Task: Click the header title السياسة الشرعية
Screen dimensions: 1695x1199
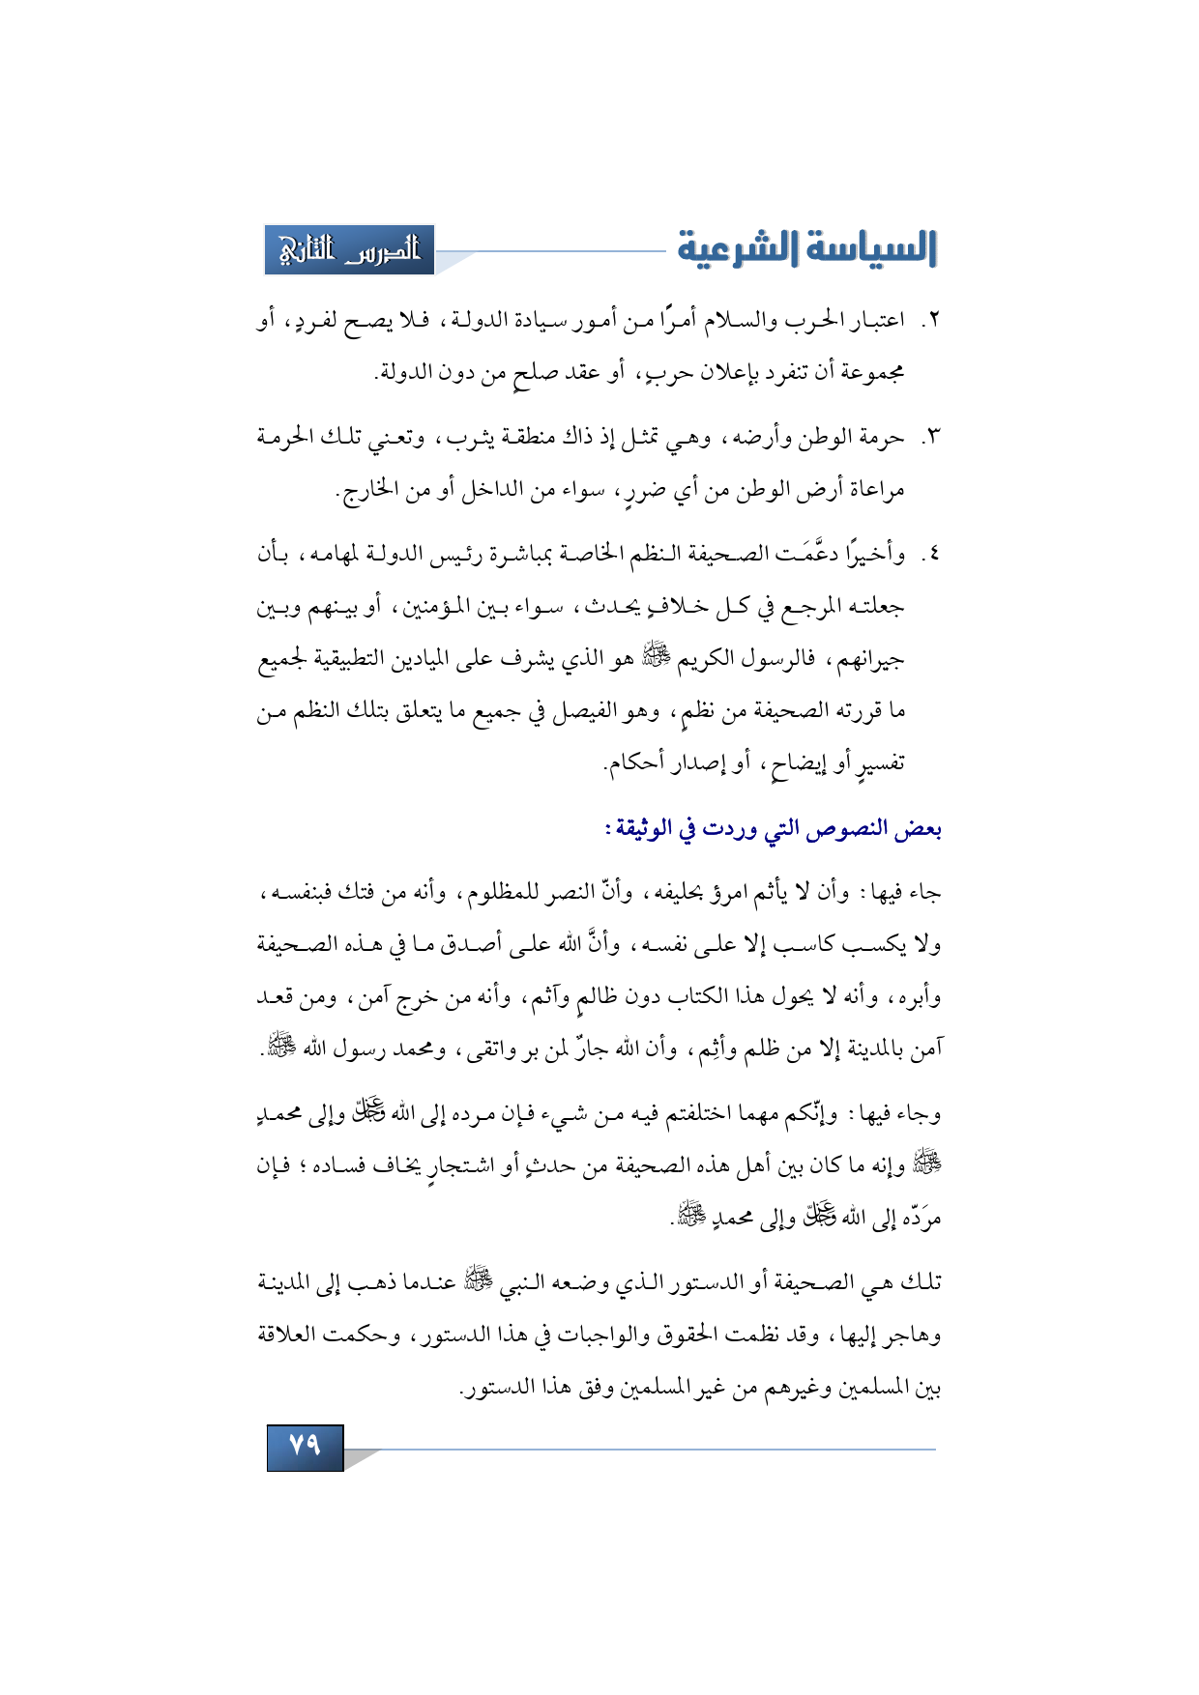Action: (806, 249)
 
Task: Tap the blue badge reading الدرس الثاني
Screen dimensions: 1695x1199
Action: (350, 250)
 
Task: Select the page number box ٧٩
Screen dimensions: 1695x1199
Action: (305, 1446)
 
